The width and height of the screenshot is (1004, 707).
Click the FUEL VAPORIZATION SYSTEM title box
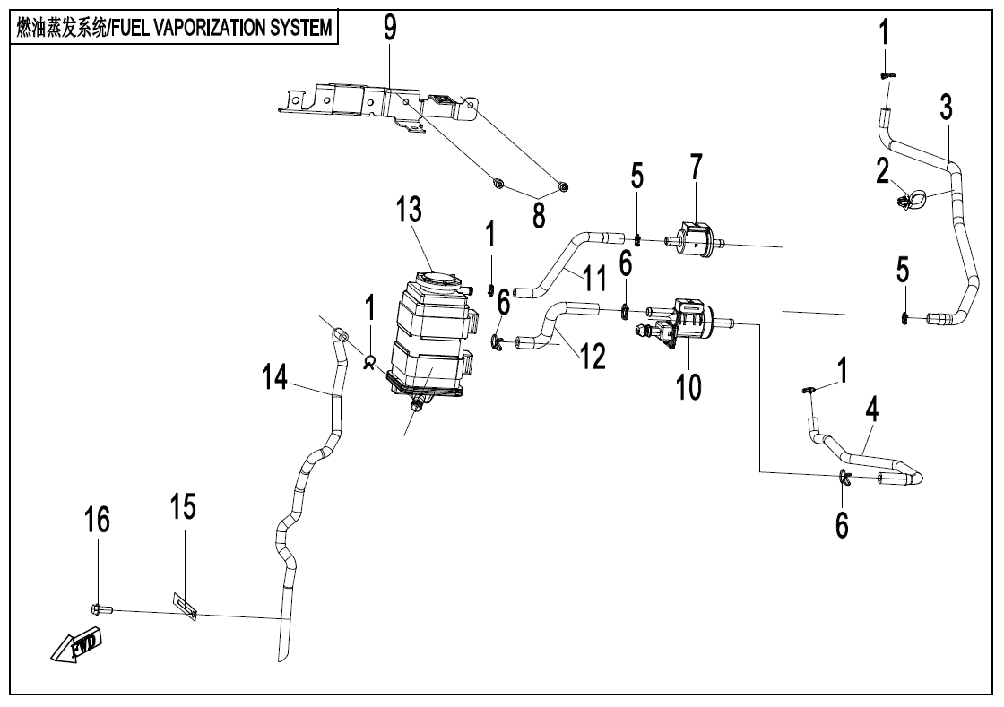173,28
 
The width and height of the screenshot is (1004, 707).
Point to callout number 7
696,168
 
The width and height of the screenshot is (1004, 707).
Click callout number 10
689,387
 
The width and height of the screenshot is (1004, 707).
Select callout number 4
871,411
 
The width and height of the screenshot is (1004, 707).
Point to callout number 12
593,356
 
